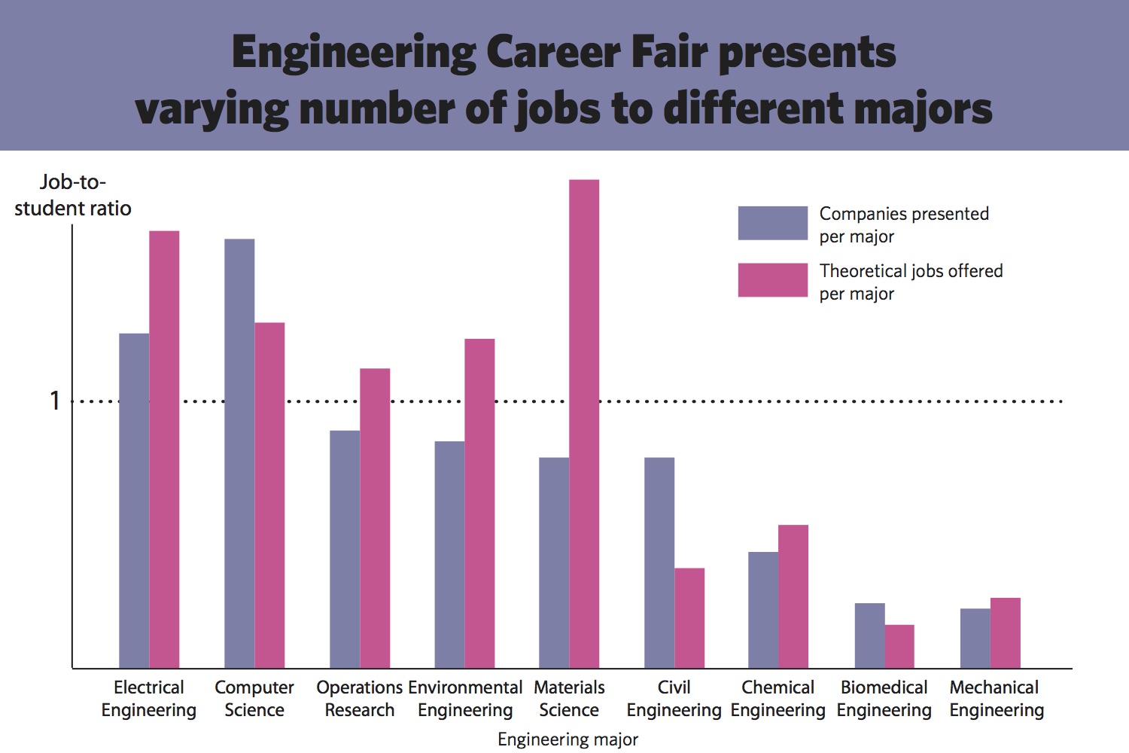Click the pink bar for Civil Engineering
pyautogui.click(x=689, y=617)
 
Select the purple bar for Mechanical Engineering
pyautogui.click(x=975, y=638)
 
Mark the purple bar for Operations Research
pyautogui.click(x=345, y=549)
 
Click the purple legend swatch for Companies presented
pyautogui.click(x=772, y=223)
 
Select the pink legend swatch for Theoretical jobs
pyautogui.click(x=772, y=280)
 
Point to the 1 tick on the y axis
pyautogui.click(x=54, y=401)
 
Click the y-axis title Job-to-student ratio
pyautogui.click(x=73, y=195)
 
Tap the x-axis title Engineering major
pyautogui.click(x=568, y=739)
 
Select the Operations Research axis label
pyautogui.click(x=359, y=698)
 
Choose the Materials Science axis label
pyautogui.click(x=569, y=698)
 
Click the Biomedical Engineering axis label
pyautogui.click(x=884, y=698)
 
